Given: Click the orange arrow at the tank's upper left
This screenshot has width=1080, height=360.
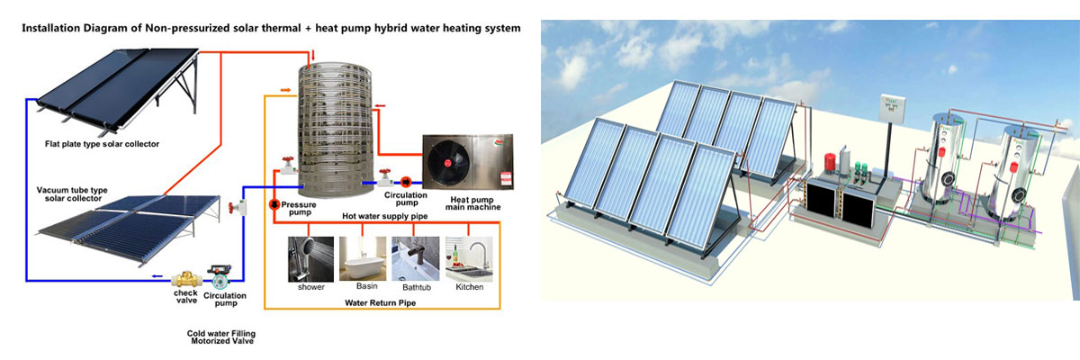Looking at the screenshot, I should [x=284, y=90].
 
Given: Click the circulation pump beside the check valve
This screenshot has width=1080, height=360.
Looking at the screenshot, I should [x=220, y=271].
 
